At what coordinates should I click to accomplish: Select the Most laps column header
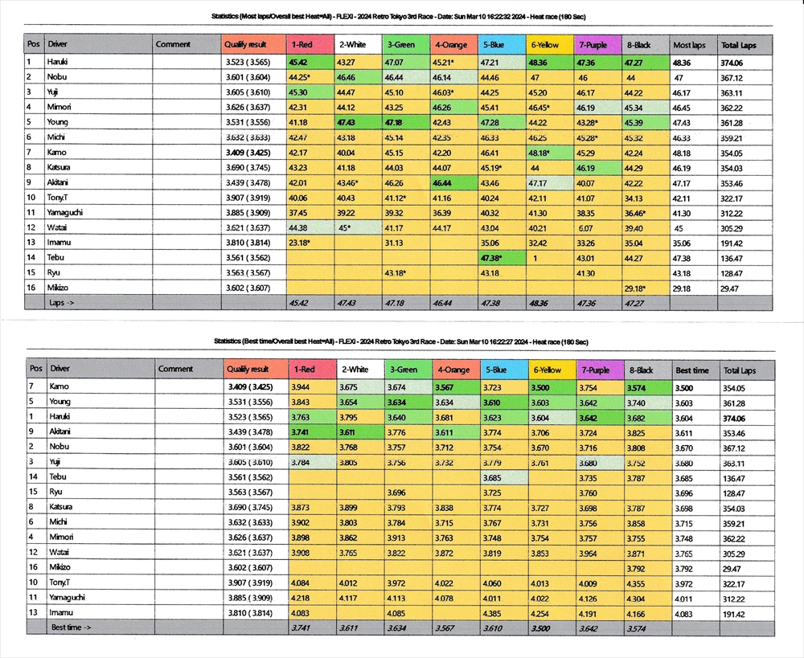pos(689,45)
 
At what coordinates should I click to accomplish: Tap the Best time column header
pos(692,370)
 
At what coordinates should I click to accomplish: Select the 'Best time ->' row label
pos(71,627)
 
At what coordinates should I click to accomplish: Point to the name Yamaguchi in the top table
pos(68,212)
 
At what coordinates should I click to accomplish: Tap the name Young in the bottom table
pos(60,402)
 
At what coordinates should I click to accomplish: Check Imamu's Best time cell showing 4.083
pos(691,613)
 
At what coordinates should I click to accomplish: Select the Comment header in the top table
pos(173,45)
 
